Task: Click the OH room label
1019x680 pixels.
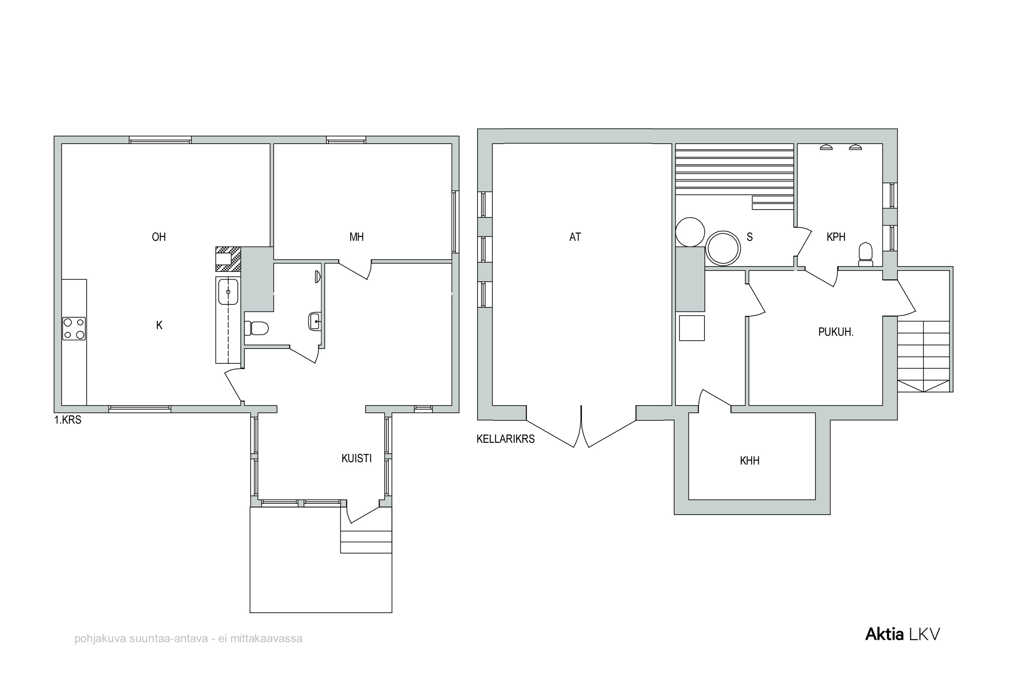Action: tap(159, 237)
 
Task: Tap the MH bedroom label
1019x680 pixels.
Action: tap(356, 237)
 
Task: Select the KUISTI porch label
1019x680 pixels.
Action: tap(356, 459)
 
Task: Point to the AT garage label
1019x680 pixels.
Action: tap(575, 237)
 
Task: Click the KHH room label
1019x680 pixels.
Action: tap(750, 461)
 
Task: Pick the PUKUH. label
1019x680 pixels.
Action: tap(836, 332)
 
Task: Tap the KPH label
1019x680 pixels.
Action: tap(836, 237)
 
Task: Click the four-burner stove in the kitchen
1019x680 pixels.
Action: tap(74, 328)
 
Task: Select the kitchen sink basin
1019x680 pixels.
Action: tap(228, 291)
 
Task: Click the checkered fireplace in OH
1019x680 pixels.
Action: tap(228, 259)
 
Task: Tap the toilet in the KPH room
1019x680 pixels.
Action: tap(865, 254)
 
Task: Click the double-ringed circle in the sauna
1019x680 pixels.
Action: tap(722, 249)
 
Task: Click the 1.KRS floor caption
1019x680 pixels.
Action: tap(68, 420)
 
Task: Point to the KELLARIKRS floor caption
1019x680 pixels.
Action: tap(506, 439)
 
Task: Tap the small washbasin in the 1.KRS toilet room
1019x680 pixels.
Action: tap(315, 321)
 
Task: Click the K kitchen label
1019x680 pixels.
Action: tap(159, 325)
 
